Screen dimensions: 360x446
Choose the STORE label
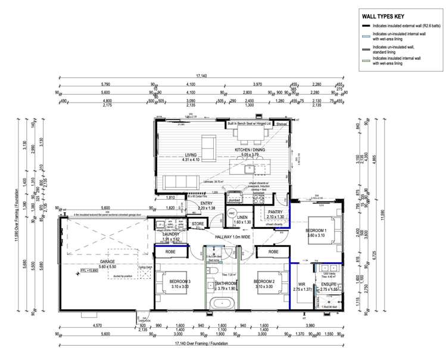(x=198, y=225)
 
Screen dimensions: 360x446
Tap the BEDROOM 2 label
(x=264, y=281)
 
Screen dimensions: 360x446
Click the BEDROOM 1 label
(x=316, y=229)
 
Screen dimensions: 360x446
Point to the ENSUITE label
(x=328, y=285)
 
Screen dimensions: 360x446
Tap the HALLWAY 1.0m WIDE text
(x=229, y=237)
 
